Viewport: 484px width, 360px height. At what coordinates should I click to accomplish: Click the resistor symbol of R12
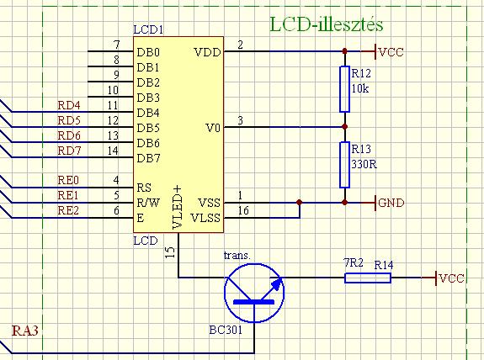click(x=344, y=89)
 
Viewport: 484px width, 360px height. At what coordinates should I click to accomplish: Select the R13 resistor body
click(x=344, y=165)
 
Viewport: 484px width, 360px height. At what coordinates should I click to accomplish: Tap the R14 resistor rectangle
click(x=368, y=278)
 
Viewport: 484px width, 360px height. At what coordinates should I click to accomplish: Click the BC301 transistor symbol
click(x=254, y=293)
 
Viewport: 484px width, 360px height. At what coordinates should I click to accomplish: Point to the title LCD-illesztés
click(x=327, y=24)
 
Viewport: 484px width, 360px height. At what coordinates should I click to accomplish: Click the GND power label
click(x=391, y=203)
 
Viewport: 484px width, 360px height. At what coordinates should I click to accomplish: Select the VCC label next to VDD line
click(x=391, y=52)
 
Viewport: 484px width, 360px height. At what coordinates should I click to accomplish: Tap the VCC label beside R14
click(x=451, y=278)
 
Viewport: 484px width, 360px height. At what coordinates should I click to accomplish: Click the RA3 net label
click(x=25, y=331)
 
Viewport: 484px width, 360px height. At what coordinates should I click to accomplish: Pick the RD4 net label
click(x=69, y=105)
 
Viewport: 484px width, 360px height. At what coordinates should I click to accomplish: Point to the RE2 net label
click(x=68, y=210)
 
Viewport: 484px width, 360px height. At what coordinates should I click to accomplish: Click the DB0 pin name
click(x=148, y=52)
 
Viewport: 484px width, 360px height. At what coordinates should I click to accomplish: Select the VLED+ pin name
click(x=177, y=207)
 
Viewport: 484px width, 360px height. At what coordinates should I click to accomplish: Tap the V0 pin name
click(x=213, y=128)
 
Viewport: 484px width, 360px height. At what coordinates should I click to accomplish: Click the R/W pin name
click(x=148, y=203)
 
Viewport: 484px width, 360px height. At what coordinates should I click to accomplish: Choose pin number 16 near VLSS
click(x=243, y=210)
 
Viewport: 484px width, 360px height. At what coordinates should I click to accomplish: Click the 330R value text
click(x=364, y=164)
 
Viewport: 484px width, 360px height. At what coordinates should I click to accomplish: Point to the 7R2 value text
click(x=354, y=262)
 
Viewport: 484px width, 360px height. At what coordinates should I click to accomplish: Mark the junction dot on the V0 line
click(x=345, y=127)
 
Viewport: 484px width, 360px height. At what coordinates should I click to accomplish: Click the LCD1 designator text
click(x=148, y=29)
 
